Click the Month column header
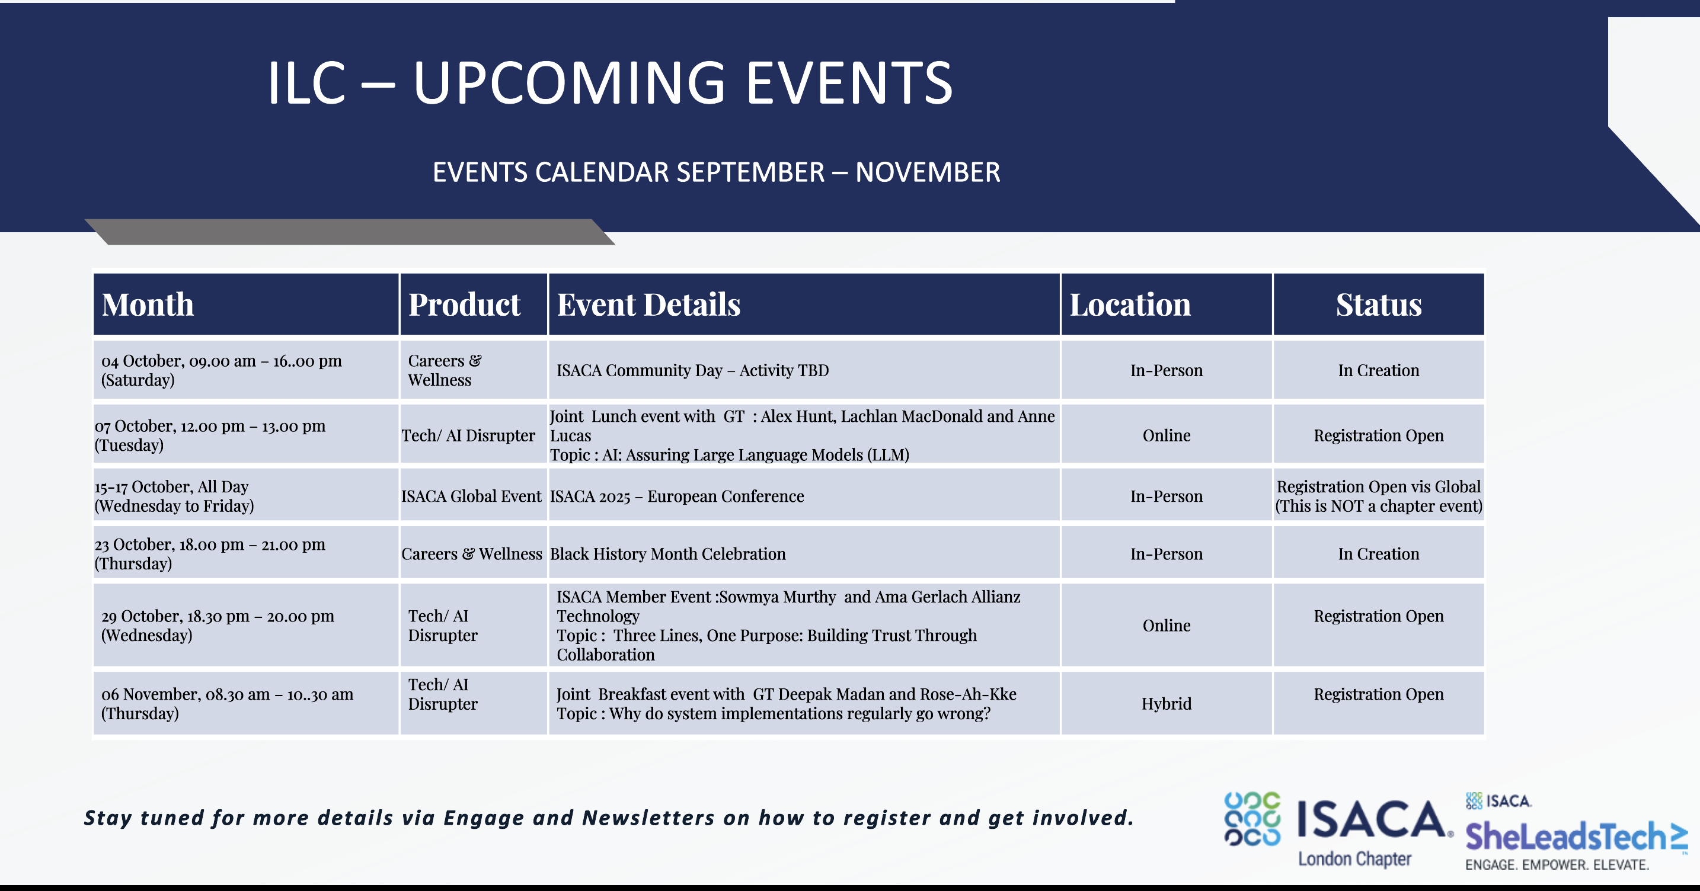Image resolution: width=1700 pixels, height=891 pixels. click(246, 304)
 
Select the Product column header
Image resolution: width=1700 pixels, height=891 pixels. click(474, 304)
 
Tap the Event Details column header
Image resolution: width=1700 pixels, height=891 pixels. click(804, 304)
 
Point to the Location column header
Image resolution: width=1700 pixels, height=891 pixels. click(1166, 304)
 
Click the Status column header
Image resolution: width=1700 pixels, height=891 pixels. click(1379, 304)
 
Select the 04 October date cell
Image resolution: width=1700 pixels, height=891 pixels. click(246, 370)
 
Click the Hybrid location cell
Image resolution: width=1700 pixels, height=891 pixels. click(1166, 704)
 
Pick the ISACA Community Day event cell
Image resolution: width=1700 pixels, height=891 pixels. click(804, 370)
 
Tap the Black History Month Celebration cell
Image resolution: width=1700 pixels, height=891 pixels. click(804, 553)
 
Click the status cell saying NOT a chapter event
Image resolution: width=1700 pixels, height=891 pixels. click(1379, 496)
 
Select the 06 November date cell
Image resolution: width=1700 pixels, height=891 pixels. click(246, 704)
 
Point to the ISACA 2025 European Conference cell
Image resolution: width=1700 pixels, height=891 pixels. click(804, 496)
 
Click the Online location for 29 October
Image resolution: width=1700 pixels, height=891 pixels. click(1166, 625)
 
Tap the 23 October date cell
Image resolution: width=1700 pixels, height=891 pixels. click(246, 553)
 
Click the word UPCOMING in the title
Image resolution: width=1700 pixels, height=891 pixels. click(570, 83)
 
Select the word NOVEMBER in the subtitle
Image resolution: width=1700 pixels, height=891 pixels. click(927, 172)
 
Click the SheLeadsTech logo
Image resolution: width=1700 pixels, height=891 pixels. click(1576, 831)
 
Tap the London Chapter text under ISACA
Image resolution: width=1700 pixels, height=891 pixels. click(1354, 858)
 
